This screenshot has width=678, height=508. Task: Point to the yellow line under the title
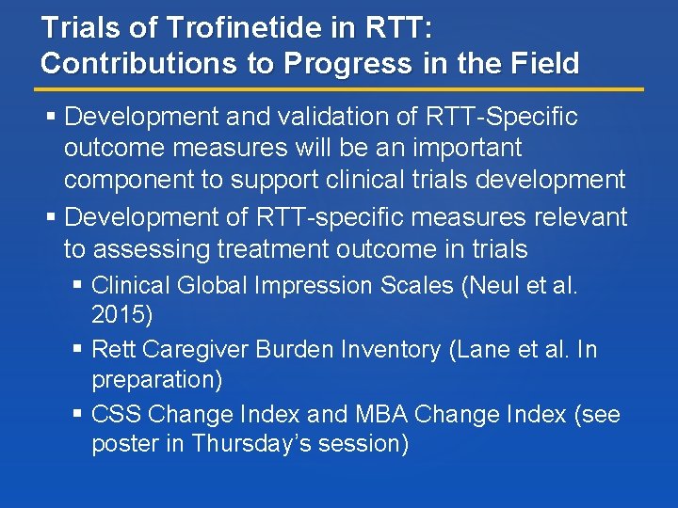339,89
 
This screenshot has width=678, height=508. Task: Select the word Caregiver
204,350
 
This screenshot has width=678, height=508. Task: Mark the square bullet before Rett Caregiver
77,350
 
